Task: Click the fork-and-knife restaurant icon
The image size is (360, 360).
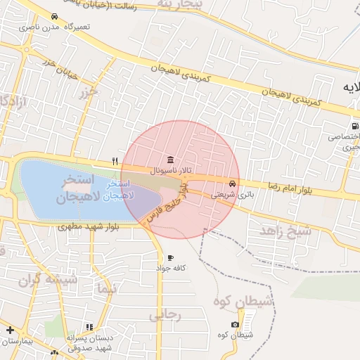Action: coord(115,161)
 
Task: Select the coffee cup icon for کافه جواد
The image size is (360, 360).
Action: coord(170,258)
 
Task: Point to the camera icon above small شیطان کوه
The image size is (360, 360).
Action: coord(235,325)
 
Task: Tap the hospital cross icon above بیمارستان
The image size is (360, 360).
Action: coord(10,330)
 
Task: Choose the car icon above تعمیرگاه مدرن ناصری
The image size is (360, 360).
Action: coord(54,16)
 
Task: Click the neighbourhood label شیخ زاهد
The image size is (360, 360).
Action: coord(285,230)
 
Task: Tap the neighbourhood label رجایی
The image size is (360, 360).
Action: coord(165,315)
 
